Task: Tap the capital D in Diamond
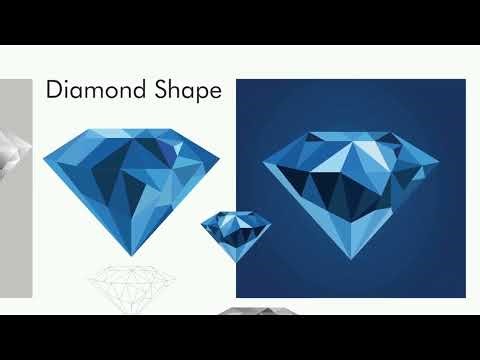coord(55,91)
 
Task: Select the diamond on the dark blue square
coord(353,185)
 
